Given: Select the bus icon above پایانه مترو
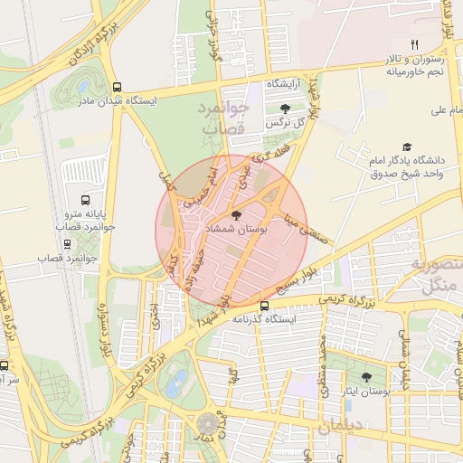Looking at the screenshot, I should pyautogui.click(x=85, y=200).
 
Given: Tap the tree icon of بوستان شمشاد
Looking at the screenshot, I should pyautogui.click(x=237, y=215).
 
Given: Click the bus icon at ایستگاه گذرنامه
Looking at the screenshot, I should pyautogui.click(x=265, y=306).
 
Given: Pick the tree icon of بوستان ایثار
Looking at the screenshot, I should pyautogui.click(x=366, y=378).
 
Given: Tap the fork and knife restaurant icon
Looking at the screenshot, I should pyautogui.click(x=414, y=43).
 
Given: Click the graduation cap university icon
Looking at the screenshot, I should pyautogui.click(x=408, y=146).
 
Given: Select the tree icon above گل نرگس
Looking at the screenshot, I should pyautogui.click(x=286, y=109).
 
